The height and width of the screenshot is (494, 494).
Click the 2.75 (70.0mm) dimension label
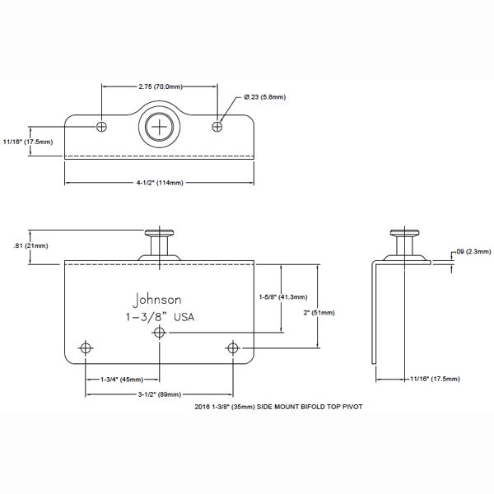tap(159, 85)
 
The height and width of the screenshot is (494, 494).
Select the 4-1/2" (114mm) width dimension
tap(160, 183)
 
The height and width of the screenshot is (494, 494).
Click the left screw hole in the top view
tap(102, 126)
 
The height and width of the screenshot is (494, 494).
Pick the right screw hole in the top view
tap(218, 126)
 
